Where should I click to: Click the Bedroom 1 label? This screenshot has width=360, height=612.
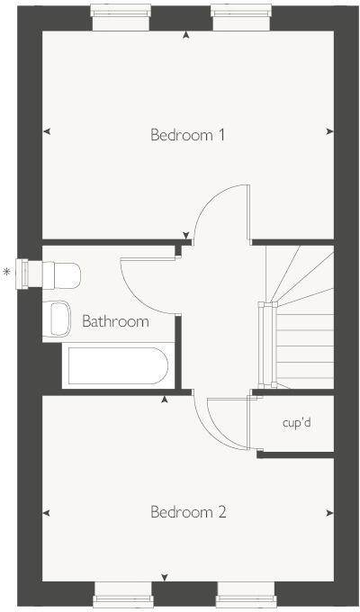pos(187,136)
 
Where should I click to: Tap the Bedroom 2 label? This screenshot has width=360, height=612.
pos(187,513)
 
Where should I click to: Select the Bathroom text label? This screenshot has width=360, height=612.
pos(115,321)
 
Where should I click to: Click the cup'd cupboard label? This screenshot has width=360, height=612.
pos(296,422)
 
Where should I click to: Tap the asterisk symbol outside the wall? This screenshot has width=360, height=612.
pos(8,271)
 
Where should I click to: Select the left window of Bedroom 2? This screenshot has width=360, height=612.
pos(123,595)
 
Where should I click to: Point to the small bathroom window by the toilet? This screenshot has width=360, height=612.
pos(34,271)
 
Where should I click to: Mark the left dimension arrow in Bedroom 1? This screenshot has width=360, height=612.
pos(47,132)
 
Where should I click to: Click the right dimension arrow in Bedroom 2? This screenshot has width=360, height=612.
pos(329,514)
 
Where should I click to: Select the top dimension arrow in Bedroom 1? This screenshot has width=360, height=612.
pos(186,35)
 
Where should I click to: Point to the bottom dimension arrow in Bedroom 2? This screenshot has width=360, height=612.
pos(164,577)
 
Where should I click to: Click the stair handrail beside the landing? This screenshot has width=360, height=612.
pos(263,346)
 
